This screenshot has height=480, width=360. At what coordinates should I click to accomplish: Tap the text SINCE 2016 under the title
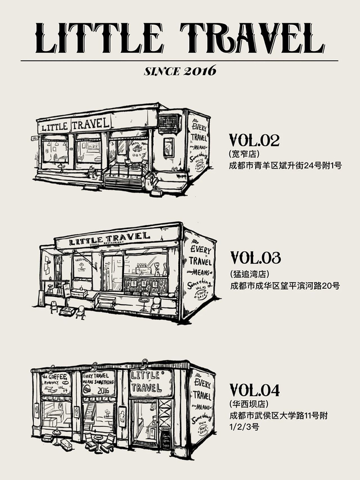(180, 71)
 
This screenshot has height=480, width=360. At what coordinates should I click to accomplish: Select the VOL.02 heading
(254, 140)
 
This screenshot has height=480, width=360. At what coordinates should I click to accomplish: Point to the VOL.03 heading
(255, 257)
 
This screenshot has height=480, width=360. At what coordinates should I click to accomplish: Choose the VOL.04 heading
(255, 390)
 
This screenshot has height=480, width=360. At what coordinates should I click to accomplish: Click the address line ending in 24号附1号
(285, 166)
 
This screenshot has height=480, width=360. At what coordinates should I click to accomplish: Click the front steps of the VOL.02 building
(123, 182)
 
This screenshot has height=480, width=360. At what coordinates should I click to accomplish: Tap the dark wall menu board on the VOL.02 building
(169, 123)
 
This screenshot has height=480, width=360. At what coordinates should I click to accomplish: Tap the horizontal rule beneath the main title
(180, 61)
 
